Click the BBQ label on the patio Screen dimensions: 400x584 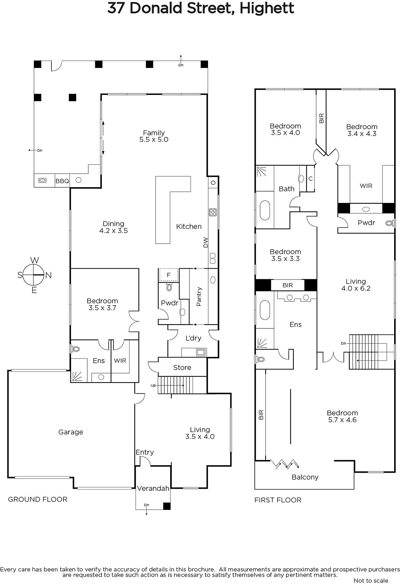62,181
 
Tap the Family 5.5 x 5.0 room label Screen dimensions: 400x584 154,136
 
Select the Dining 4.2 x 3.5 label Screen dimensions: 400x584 114,227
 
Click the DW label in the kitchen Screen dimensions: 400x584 206,242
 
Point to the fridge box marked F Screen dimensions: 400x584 169,275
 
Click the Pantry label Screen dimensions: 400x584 199,296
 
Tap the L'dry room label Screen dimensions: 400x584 193,338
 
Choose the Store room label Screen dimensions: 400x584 182,367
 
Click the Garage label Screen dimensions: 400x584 71,432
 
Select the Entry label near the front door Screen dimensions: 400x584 145,452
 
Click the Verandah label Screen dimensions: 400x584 153,488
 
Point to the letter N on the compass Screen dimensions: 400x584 49,275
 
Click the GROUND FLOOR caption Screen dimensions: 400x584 38,499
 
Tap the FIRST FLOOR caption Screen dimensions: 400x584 278,500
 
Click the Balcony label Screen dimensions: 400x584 305,477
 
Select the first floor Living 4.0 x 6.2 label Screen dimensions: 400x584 356,285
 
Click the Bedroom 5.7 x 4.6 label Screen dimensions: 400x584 342,416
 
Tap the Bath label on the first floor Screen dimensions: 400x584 286,189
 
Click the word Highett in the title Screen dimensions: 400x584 267,8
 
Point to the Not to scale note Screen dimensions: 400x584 371,580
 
